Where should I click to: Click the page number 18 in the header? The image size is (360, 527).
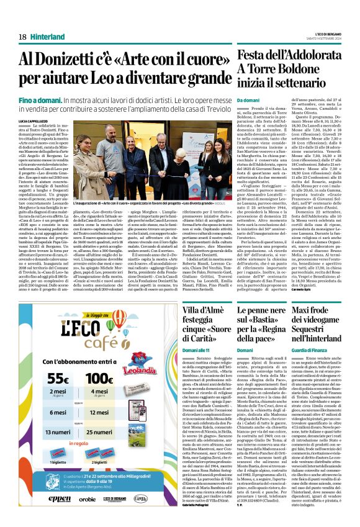(22, 37)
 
